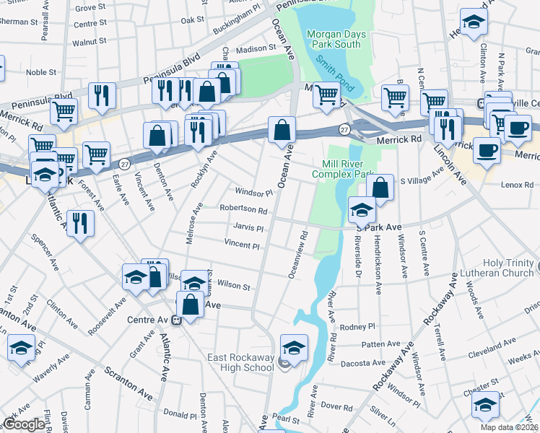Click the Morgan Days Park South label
[x=333, y=39]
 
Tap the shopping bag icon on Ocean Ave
[x=282, y=131]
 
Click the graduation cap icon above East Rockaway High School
[x=294, y=348]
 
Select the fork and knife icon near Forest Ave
[x=79, y=224]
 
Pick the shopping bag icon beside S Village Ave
[x=380, y=188]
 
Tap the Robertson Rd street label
[x=244, y=210]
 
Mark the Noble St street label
[x=41, y=72]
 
